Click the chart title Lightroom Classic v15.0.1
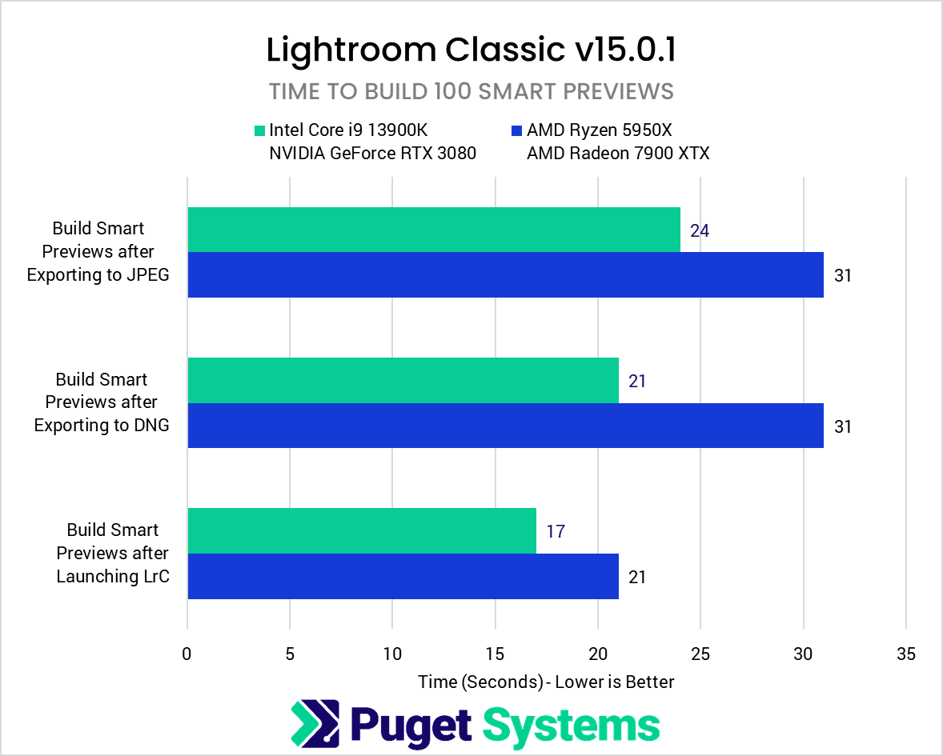pos(471,50)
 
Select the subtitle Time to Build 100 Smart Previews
pos(471,91)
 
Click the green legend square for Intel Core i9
pos(259,130)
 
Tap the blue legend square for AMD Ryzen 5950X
pos(516,130)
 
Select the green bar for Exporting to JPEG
pos(433,230)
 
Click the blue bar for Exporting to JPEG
pos(505,275)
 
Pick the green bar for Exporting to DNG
pos(403,380)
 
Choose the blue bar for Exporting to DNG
pos(505,426)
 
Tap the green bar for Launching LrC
pos(361,530)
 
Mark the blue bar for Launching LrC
pos(403,576)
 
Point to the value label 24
pos(700,231)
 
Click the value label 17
pos(556,531)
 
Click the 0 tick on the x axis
pos(187,654)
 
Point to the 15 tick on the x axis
pos(495,654)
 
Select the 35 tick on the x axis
pos(905,654)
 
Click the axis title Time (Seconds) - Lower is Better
pos(546,682)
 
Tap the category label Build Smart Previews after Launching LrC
pos(113,553)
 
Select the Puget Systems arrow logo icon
pos(315,723)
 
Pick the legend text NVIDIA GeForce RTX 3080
pos(373,154)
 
